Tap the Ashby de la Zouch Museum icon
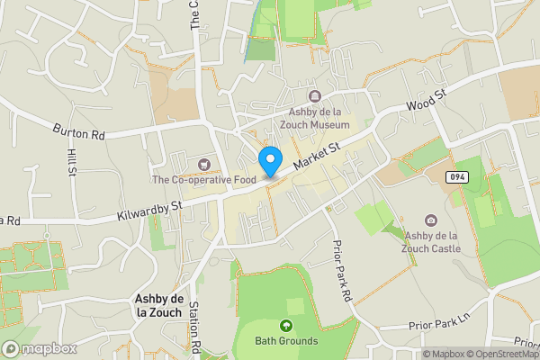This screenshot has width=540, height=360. click(x=315, y=96)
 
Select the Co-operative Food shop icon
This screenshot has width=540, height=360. click(x=205, y=164)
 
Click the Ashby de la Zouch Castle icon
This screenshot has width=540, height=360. click(x=432, y=220)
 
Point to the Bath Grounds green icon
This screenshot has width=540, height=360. click(x=286, y=326)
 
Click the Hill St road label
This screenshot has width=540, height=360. click(x=71, y=165)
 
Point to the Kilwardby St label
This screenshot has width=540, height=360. click(x=149, y=212)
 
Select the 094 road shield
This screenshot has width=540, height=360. click(x=455, y=177)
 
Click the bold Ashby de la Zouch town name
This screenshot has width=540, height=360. click(x=158, y=305)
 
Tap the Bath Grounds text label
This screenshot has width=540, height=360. click(x=286, y=341)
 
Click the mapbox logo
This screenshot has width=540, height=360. click(x=39, y=348)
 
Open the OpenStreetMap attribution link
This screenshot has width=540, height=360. click(x=503, y=354)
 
